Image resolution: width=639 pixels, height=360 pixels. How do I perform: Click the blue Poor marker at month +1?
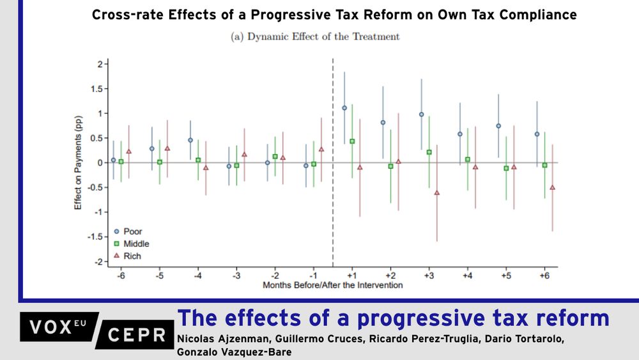[344, 108]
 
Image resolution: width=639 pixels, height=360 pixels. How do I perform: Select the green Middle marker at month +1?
[352, 141]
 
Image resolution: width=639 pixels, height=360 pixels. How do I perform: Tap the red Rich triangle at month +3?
[437, 192]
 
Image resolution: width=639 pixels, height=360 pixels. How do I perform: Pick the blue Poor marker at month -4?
[190, 140]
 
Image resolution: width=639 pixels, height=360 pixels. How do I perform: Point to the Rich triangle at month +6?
[552, 187]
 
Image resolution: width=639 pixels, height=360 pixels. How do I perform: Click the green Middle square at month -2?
[275, 157]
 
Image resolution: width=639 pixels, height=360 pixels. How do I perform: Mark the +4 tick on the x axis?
[467, 275]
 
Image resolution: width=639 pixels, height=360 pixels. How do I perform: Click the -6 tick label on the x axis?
[121, 275]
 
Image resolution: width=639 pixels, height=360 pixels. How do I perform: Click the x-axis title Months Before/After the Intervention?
[333, 285]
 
